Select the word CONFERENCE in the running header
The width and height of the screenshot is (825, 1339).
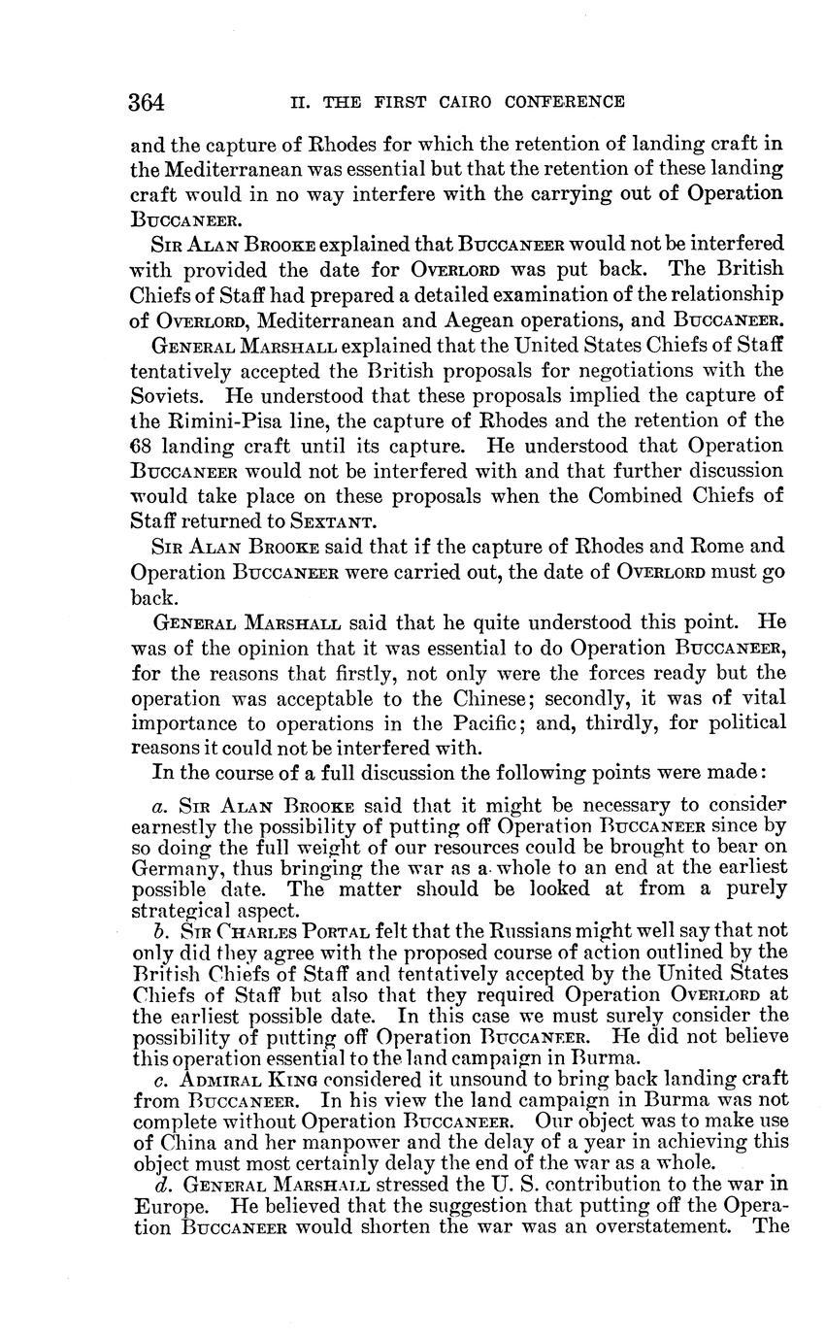[565, 101]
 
